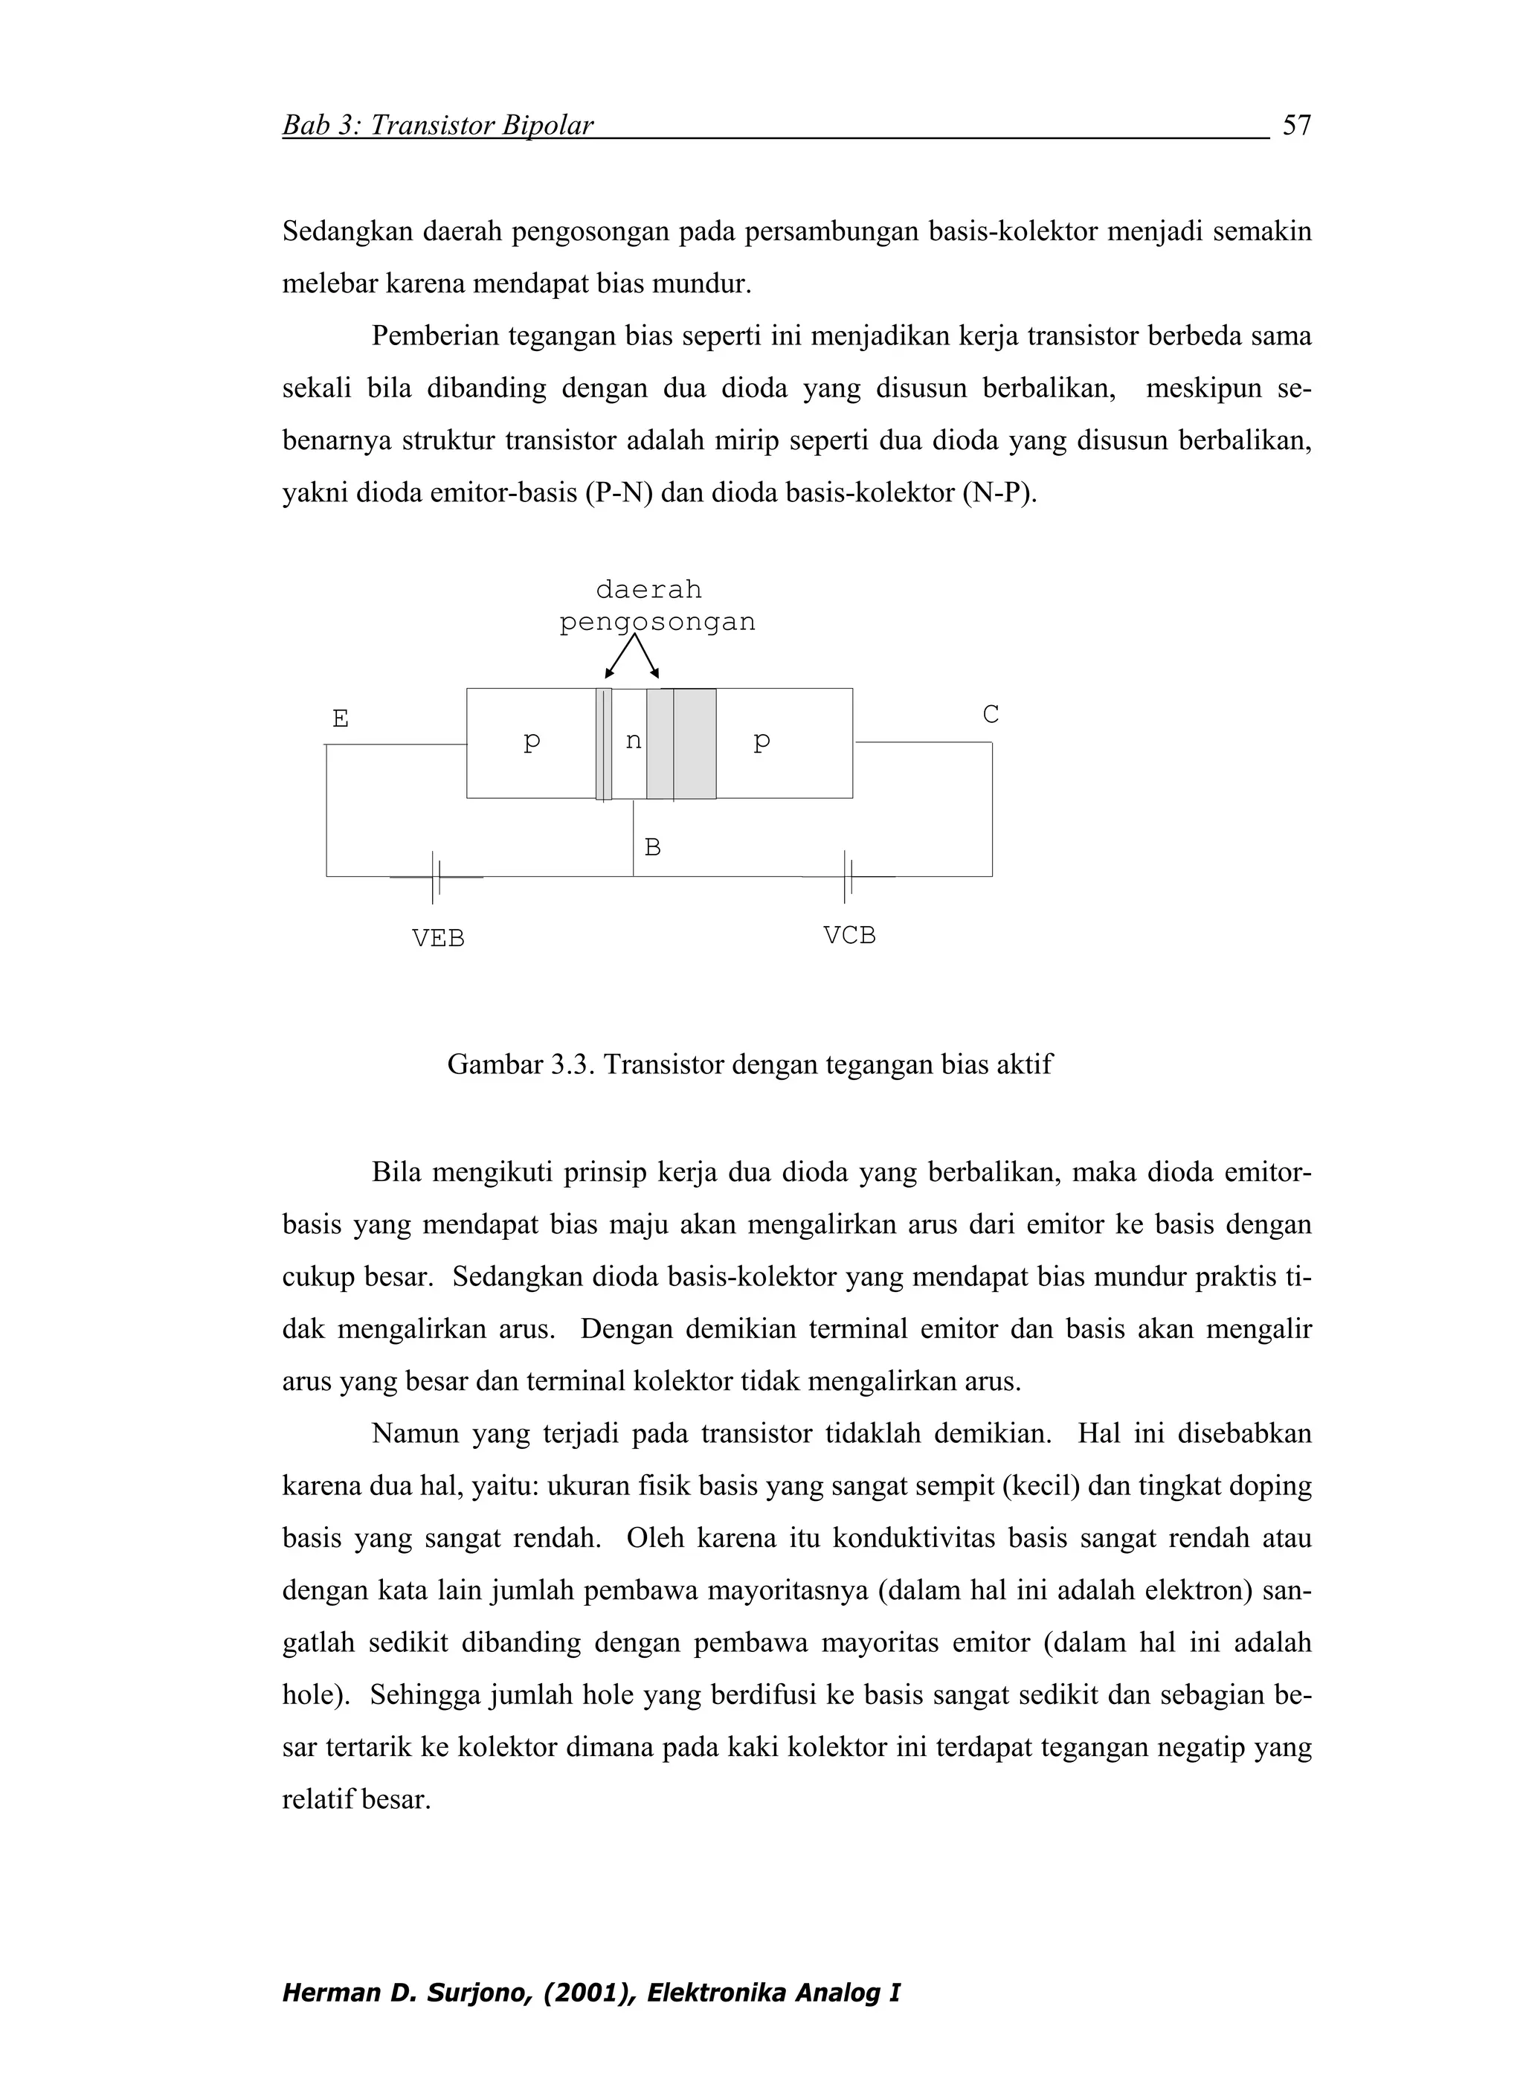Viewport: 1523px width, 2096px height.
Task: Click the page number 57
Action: (x=1297, y=125)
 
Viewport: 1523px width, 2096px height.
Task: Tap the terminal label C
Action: (x=990, y=714)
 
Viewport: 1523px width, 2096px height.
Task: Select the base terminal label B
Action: (x=651, y=847)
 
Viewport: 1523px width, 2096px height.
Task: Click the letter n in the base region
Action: (x=632, y=740)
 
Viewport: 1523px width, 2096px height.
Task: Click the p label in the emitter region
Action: (x=532, y=740)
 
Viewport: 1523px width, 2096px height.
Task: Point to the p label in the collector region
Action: (x=761, y=740)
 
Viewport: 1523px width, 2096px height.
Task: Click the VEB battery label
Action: (x=437, y=938)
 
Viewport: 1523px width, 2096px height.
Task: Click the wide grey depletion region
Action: (x=681, y=743)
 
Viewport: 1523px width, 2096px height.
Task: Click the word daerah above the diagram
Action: (x=648, y=588)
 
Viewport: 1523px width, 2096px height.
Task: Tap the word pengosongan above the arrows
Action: (x=657, y=622)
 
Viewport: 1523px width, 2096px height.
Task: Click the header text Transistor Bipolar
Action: (x=481, y=125)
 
